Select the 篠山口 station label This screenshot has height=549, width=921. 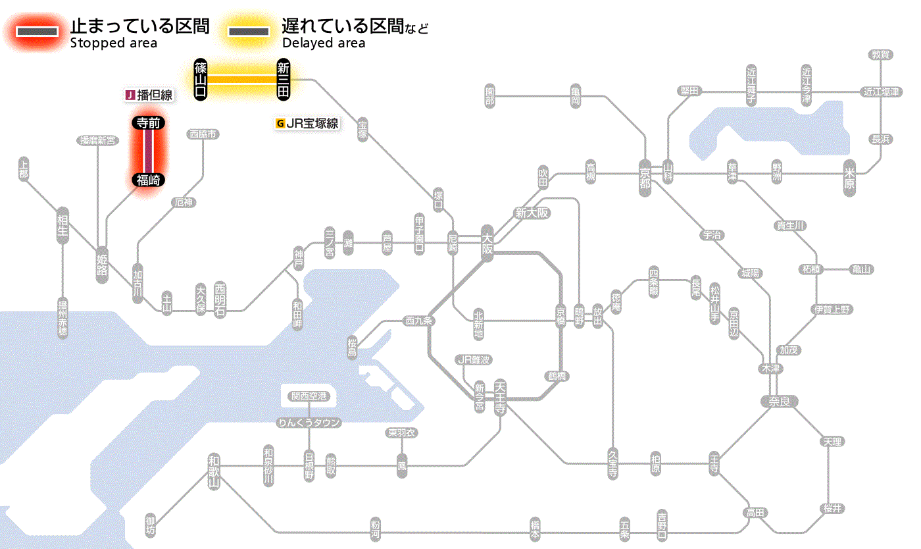(201, 79)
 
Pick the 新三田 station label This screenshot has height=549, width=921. (283, 79)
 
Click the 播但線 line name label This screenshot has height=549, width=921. (149, 95)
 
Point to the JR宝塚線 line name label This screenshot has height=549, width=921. (307, 123)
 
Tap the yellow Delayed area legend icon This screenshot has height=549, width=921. (248, 32)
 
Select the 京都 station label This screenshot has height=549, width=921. (645, 174)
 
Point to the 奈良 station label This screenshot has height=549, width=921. (778, 401)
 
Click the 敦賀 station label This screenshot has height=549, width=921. (881, 55)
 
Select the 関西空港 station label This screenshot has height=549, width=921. (309, 396)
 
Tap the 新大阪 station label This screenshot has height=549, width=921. (532, 213)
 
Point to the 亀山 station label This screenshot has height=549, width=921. (861, 269)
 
